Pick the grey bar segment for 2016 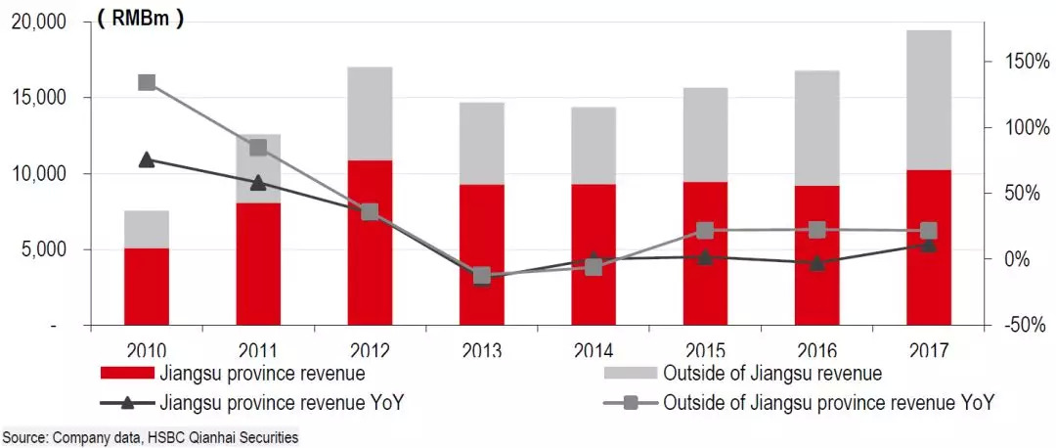pos(817,127)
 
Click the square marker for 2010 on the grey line pos(147,82)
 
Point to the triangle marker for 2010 pos(147,159)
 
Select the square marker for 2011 pos(258,148)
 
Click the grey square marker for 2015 pos(705,231)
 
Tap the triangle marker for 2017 pos(929,245)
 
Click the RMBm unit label pos(140,19)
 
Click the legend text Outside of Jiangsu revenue pos(772,374)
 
